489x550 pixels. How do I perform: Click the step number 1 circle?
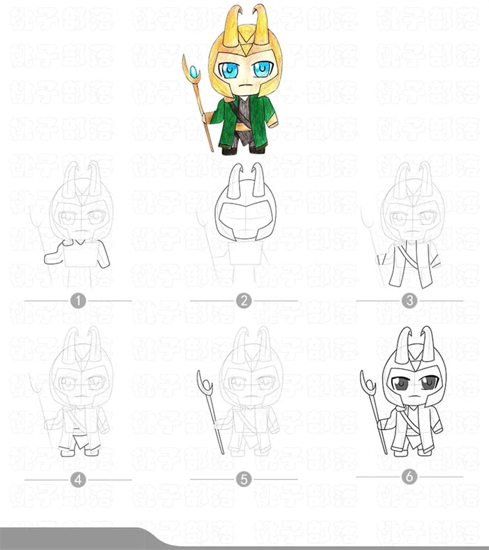pos(78,301)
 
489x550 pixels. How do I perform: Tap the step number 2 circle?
pos(243,301)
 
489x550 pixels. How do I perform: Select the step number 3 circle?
pos(409,301)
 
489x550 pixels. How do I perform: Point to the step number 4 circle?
pos(78,479)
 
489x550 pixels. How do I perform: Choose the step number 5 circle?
pos(243,479)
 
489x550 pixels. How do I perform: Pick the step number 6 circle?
pos(409,477)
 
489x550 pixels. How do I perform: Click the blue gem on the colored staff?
pos(193,71)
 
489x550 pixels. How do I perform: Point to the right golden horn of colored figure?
pos(261,20)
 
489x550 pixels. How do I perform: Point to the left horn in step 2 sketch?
pos(237,180)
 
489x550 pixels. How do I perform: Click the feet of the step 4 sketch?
pos(78,451)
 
